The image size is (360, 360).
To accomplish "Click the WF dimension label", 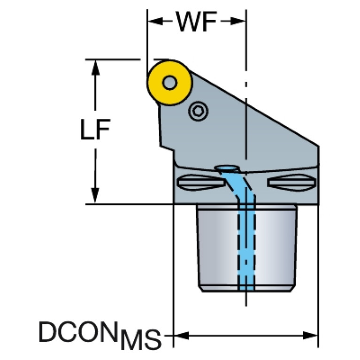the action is [x=196, y=21].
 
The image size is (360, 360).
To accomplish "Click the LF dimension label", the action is [x=95, y=129].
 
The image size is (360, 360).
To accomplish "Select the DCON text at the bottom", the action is [x=78, y=331].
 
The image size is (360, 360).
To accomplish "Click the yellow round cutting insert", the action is [x=169, y=83].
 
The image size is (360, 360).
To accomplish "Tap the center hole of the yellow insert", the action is [x=169, y=83].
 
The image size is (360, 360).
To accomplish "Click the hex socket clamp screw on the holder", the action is [x=198, y=111].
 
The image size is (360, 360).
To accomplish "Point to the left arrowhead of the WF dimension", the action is [x=155, y=21].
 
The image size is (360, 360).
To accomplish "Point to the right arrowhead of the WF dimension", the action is [x=237, y=21].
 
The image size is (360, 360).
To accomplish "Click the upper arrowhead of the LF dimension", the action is [x=95, y=68].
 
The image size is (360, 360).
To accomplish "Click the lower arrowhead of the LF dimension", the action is [x=95, y=196].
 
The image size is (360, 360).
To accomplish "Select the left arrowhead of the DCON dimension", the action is [x=181, y=336].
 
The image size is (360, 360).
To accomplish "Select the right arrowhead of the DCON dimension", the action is [x=310, y=336].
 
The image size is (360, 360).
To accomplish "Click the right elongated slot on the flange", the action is [x=292, y=183].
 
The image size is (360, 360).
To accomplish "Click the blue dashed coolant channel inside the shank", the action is [x=246, y=244].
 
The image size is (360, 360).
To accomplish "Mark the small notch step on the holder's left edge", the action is [x=167, y=148].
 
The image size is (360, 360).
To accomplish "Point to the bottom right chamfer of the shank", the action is [x=293, y=289].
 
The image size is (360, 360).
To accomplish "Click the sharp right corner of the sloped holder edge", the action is [x=319, y=146].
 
